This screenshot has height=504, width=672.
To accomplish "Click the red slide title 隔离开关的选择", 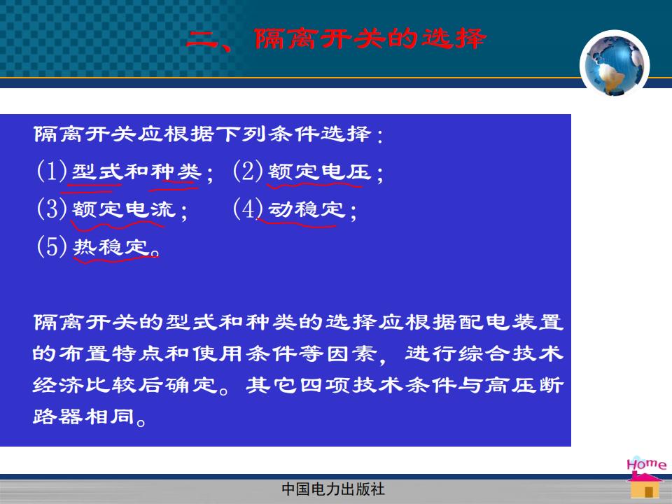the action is pos(370,39).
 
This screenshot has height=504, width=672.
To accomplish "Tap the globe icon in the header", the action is pos(615,64).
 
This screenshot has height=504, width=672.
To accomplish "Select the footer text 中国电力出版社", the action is pos(333,489).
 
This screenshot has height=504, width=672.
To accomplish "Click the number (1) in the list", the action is pos(52,171).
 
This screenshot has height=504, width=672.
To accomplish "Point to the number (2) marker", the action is pos(248,171).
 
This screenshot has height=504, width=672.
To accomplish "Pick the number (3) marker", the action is pos(52,209).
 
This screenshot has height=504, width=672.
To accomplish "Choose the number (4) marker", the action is pos(248,209).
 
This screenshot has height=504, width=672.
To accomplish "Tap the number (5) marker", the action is pos(52,246).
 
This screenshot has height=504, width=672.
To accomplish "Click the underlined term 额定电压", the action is pos(319,172).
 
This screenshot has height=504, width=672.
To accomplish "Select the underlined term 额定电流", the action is pos(124,209).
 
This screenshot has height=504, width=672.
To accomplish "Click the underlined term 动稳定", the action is pos(307,209).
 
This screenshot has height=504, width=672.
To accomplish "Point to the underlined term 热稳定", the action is pos(111,247).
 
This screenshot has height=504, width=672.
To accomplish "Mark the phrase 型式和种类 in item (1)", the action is pos(136,172).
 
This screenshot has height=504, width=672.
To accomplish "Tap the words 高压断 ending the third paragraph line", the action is pos(524,385).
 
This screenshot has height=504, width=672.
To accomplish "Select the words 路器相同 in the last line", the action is pos(84,416).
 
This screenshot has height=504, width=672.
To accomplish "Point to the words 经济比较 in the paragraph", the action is pos(85,385).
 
